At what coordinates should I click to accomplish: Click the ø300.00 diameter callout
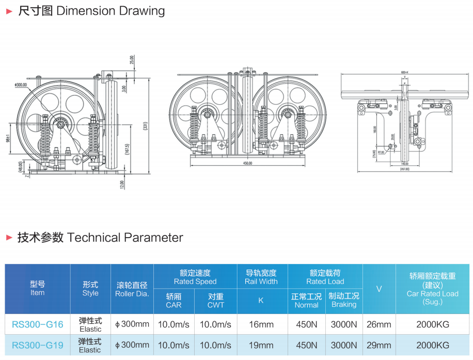click(21, 85)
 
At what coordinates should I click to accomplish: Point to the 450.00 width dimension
click(247, 163)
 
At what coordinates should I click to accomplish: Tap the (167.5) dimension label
click(134, 148)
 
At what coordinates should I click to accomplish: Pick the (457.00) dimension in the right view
click(404, 169)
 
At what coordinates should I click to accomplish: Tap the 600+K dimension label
click(404, 72)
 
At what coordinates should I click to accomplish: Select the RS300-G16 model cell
click(38, 324)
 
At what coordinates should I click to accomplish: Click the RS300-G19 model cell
click(38, 345)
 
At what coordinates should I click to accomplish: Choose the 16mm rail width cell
click(261, 324)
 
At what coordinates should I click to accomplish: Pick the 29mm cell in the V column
click(379, 345)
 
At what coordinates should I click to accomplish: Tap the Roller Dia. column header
click(132, 289)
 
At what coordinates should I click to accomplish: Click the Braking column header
click(344, 300)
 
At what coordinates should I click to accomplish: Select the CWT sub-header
click(216, 301)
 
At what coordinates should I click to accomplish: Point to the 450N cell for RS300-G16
click(306, 324)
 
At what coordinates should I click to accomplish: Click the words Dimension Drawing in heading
click(111, 11)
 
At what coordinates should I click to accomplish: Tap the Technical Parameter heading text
click(125, 238)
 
